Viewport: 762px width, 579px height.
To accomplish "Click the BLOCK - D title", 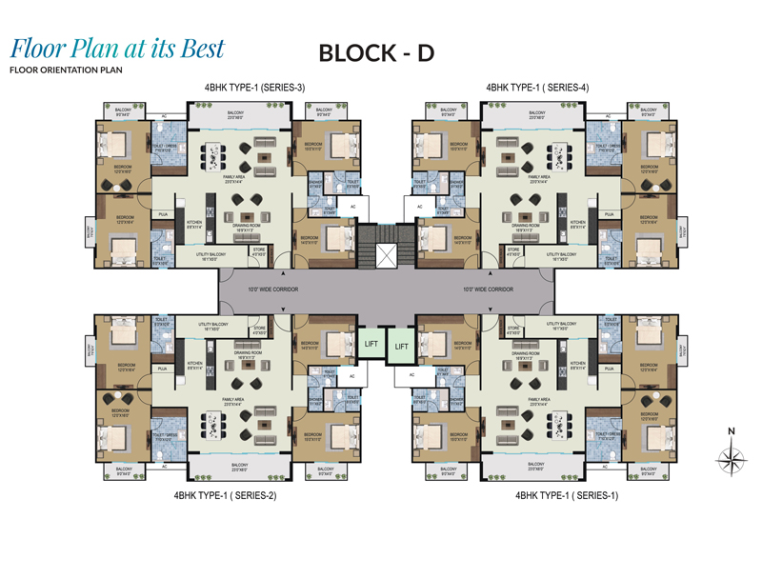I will [376, 53].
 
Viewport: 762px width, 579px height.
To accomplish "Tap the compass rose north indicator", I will [731, 460].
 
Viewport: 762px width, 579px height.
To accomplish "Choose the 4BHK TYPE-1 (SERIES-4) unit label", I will [537, 88].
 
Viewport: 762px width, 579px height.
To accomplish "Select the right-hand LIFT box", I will [400, 349].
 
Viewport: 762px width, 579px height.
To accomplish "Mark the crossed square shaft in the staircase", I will [385, 256].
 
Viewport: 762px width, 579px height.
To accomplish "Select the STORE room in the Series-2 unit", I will [258, 332].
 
